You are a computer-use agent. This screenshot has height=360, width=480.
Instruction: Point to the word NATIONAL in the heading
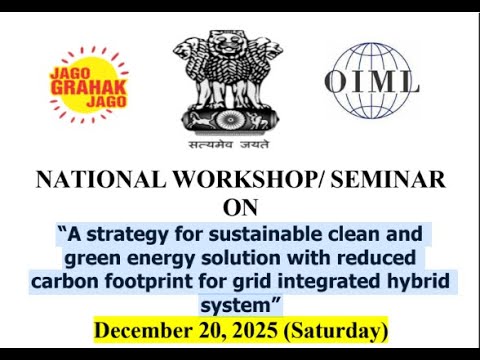[x=96, y=180]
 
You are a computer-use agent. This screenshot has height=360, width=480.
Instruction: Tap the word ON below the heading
[x=240, y=208]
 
